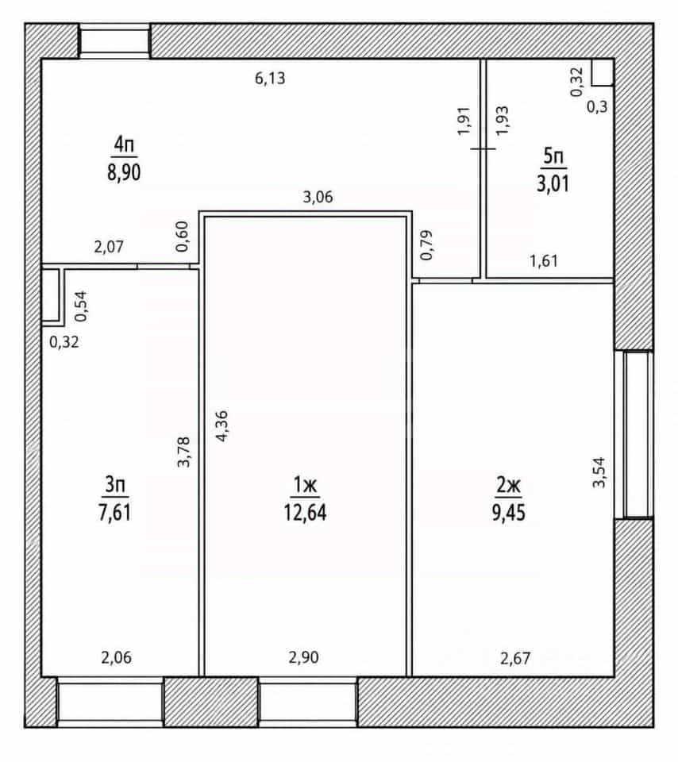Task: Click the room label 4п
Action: pyautogui.click(x=124, y=144)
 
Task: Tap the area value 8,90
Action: pyautogui.click(x=124, y=172)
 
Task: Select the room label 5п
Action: pyautogui.click(x=553, y=156)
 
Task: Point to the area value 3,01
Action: pyautogui.click(x=553, y=184)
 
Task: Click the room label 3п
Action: pyautogui.click(x=115, y=484)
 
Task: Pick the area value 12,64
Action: pyautogui.click(x=305, y=513)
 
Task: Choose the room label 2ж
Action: pyautogui.click(x=508, y=484)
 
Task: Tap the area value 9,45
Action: pyautogui.click(x=508, y=513)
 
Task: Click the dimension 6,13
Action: pyautogui.click(x=270, y=78)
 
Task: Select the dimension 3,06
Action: pyautogui.click(x=318, y=197)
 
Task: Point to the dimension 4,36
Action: pyautogui.click(x=222, y=425)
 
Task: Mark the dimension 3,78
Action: pyautogui.click(x=183, y=452)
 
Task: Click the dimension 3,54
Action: pyautogui.click(x=599, y=471)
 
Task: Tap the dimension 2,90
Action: pyautogui.click(x=304, y=657)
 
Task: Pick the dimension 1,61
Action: pyautogui.click(x=544, y=261)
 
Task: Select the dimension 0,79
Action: pyautogui.click(x=426, y=245)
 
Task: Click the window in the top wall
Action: pyautogui.click(x=114, y=40)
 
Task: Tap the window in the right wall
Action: pyautogui.click(x=634, y=434)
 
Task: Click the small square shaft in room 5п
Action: pyautogui.click(x=602, y=72)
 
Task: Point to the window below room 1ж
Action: pyautogui.click(x=308, y=701)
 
